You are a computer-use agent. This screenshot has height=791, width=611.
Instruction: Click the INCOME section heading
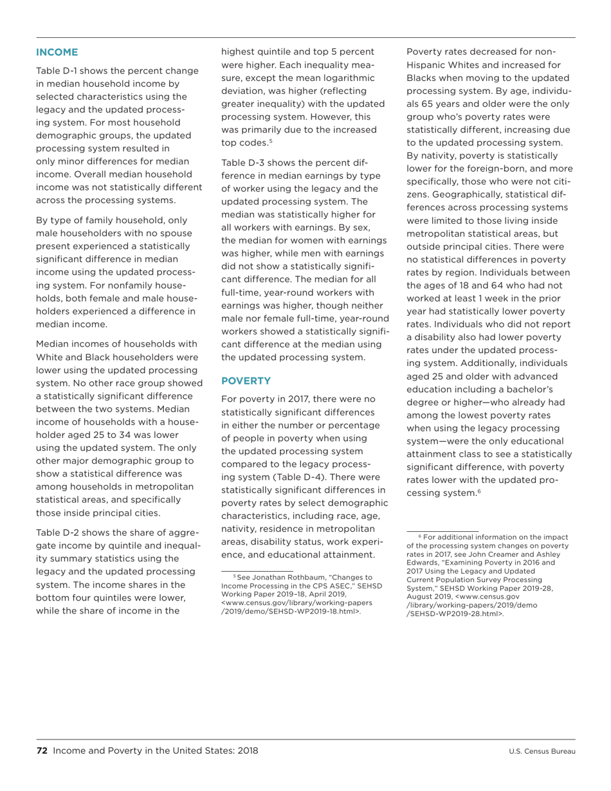click(57, 52)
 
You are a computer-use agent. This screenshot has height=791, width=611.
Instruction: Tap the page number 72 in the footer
click(42, 750)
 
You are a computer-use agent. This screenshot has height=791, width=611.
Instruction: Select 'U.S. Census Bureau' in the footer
click(542, 751)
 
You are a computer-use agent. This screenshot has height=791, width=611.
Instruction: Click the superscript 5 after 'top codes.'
click(271, 140)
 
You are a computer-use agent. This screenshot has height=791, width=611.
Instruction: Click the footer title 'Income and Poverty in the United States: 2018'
click(156, 750)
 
